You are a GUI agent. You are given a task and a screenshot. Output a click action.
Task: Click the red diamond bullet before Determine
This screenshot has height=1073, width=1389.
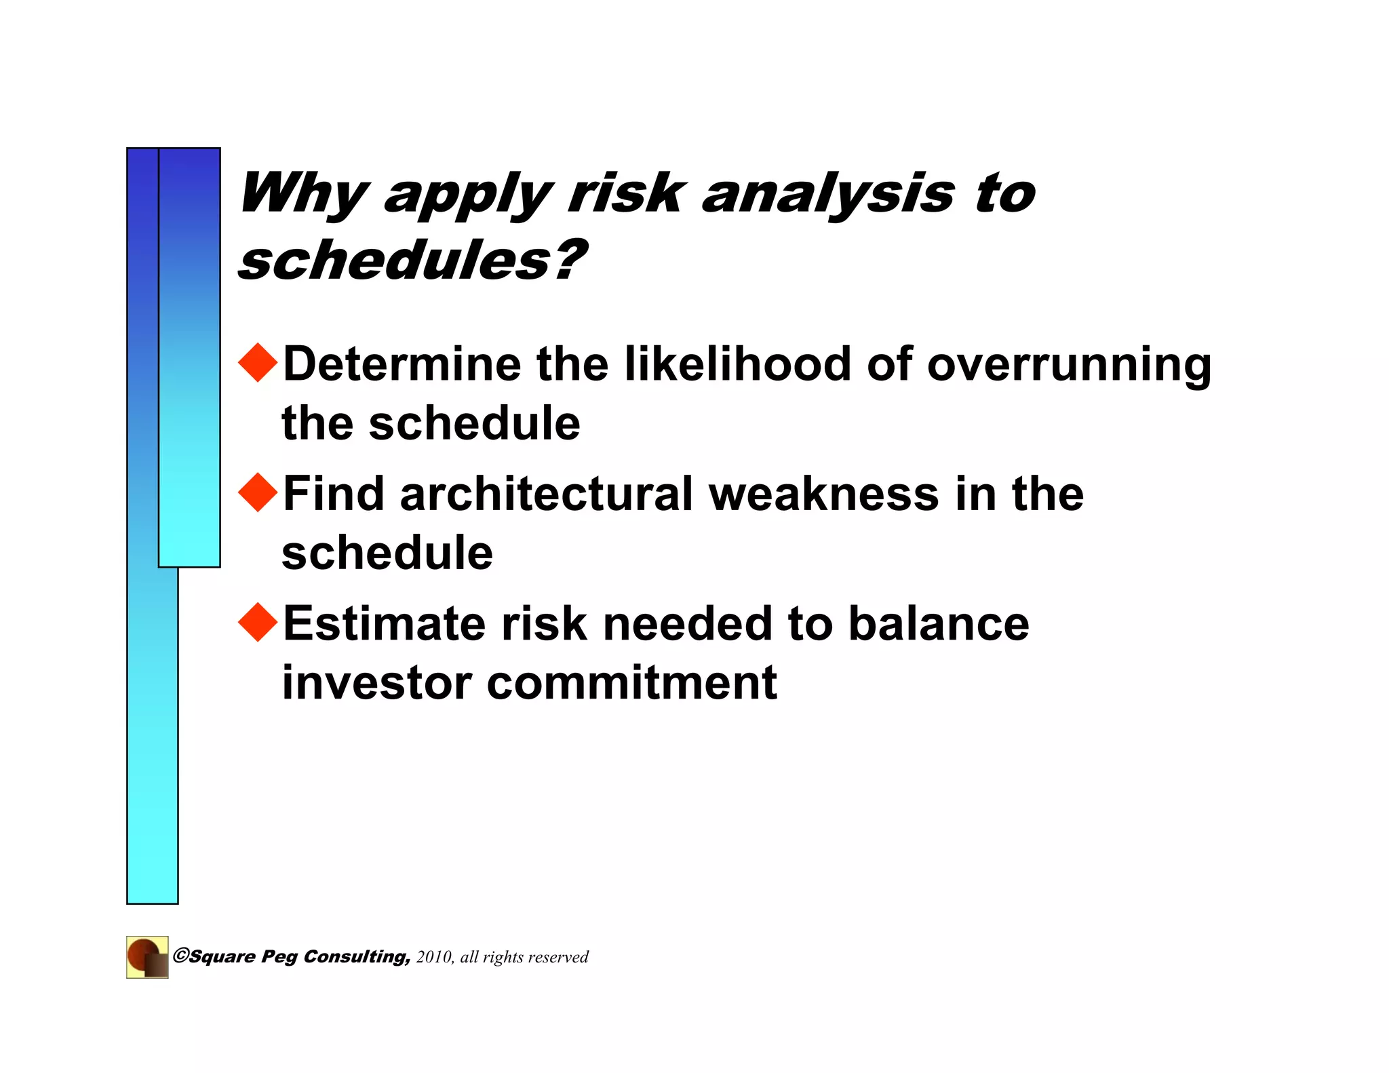coord(258,363)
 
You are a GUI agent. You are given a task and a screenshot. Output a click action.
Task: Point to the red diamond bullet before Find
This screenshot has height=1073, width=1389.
coord(258,492)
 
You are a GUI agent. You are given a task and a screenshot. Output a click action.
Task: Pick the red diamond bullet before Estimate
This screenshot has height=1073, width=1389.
coord(258,622)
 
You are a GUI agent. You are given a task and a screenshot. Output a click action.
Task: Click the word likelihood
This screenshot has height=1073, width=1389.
coord(737,364)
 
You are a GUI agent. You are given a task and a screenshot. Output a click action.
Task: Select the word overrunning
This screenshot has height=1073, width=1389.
coord(1069,366)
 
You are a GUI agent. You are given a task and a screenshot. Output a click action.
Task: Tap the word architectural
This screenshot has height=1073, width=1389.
coord(546,494)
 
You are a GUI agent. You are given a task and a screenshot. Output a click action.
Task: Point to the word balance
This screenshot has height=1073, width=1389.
coord(939,623)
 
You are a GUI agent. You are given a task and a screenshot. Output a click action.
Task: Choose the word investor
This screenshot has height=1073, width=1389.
coord(376,683)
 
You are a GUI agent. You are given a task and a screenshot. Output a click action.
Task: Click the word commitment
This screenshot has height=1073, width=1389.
coord(631,683)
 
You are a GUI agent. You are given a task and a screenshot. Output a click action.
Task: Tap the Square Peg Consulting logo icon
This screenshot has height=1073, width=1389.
coord(147,957)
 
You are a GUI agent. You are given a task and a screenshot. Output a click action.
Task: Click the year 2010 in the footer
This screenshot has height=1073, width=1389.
coord(434,957)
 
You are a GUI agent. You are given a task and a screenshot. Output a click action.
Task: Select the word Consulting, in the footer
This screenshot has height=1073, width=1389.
coord(357,957)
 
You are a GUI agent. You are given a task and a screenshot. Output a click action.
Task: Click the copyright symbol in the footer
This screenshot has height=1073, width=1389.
coord(180,956)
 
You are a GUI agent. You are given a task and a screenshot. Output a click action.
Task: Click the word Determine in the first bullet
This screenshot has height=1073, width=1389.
coord(402,364)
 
